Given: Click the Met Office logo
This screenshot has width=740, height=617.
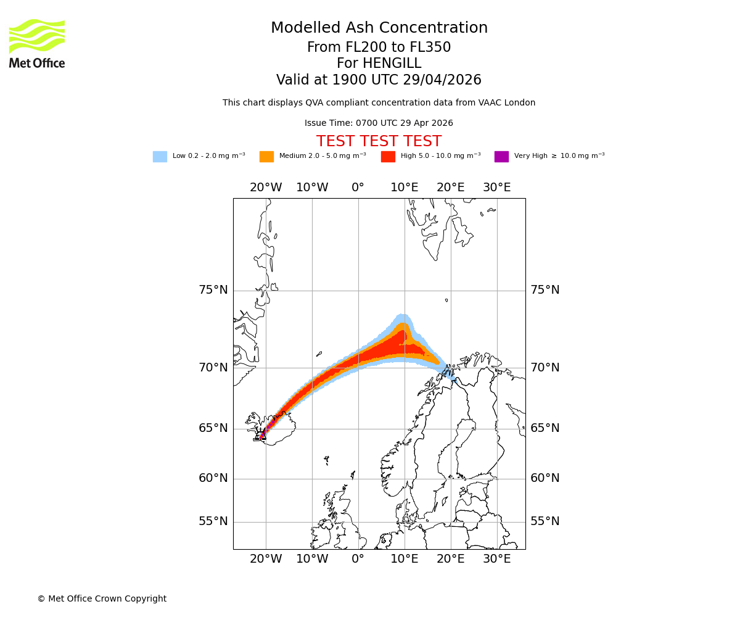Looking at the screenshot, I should tap(37, 43).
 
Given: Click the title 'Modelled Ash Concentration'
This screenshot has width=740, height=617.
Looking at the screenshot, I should tap(379, 28).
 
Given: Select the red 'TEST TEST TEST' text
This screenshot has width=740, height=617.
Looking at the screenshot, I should tap(379, 142).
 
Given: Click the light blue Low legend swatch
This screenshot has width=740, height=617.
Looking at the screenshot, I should tap(160, 157).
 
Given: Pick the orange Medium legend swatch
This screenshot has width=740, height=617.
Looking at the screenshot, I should tap(266, 157).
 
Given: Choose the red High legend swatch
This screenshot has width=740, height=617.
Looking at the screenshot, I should tap(388, 157).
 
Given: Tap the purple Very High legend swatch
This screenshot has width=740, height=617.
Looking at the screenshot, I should tap(501, 157).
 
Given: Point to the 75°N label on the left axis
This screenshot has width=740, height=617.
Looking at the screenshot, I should tap(213, 290).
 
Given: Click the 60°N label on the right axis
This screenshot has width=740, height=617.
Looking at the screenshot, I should tap(545, 478).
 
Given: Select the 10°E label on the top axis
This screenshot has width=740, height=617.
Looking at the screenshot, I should tap(405, 188).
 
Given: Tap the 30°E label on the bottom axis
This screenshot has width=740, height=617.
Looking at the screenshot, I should tap(496, 560).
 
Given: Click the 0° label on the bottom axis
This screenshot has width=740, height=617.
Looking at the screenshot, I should tap(358, 560).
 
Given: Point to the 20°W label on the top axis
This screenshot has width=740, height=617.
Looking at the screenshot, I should tap(266, 188).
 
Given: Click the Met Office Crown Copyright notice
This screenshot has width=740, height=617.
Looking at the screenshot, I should tap(102, 599).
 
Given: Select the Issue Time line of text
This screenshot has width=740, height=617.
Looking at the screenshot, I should tap(379, 123).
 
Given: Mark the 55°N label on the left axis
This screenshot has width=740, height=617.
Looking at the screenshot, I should tap(213, 521).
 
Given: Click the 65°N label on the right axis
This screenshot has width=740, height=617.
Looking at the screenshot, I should tap(545, 428).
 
